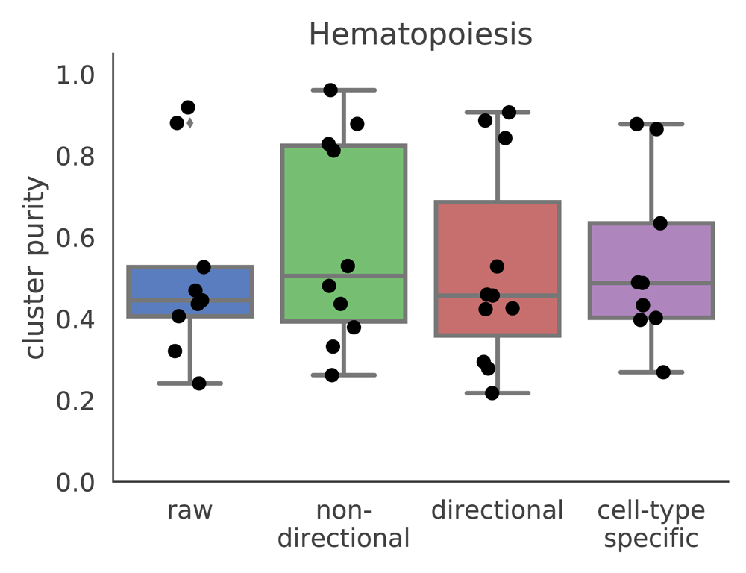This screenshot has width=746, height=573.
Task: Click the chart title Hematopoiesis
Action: (421, 34)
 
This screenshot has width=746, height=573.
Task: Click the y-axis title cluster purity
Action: (35, 268)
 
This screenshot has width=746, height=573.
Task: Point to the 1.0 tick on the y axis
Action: (75, 75)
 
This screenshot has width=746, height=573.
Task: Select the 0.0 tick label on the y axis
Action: (75, 483)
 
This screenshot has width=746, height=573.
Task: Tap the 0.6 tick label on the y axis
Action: (75, 238)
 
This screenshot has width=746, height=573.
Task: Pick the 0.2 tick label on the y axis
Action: (75, 401)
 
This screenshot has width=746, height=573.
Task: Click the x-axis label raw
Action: (189, 510)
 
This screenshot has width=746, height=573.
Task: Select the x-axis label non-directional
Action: (343, 525)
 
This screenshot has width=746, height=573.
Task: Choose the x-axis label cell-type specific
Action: (651, 525)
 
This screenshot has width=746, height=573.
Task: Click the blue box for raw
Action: (189, 291)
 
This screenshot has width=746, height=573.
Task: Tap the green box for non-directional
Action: (343, 234)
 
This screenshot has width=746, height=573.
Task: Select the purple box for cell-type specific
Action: (651, 270)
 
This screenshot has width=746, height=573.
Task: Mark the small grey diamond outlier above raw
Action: (189, 123)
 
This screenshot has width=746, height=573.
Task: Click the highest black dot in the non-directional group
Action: (330, 90)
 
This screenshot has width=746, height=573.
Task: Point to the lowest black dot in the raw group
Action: (199, 383)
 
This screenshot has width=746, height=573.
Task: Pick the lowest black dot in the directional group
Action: (492, 393)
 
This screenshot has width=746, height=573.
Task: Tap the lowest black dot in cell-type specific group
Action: (663, 372)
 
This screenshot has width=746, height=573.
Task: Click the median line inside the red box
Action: (498, 295)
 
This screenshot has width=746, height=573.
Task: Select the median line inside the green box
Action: (343, 275)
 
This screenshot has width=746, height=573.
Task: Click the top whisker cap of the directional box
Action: (498, 113)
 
